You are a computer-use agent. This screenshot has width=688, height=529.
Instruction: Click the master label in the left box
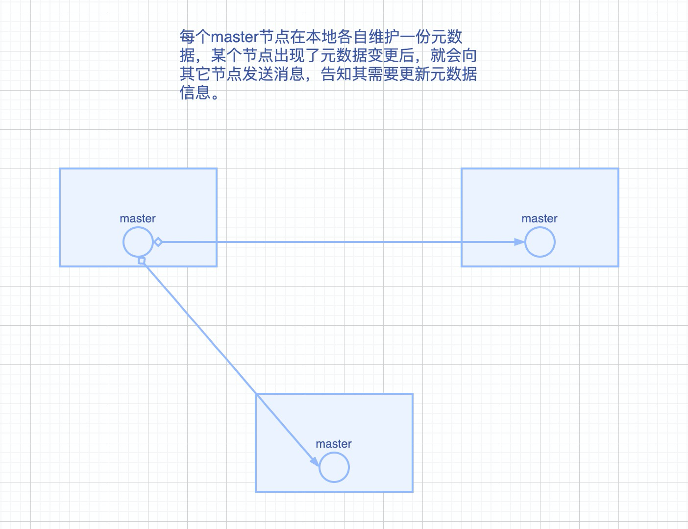(138, 219)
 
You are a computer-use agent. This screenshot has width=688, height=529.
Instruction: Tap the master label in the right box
(540, 219)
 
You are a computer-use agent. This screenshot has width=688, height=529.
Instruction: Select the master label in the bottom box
(334, 444)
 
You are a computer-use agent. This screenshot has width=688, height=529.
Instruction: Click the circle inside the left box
(138, 242)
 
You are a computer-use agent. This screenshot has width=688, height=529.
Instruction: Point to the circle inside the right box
(540, 242)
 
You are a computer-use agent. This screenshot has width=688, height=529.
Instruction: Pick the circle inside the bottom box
(334, 467)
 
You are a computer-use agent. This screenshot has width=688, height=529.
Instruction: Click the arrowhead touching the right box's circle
(519, 242)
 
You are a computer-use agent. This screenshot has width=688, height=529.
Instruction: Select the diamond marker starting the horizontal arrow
(158, 242)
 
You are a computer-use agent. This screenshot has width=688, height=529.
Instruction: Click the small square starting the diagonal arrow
(142, 261)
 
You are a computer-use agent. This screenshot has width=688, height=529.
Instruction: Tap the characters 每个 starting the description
(195, 37)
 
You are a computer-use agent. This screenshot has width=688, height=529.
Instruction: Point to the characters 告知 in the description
(336, 74)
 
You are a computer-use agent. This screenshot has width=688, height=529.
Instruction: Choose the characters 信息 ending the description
(195, 93)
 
